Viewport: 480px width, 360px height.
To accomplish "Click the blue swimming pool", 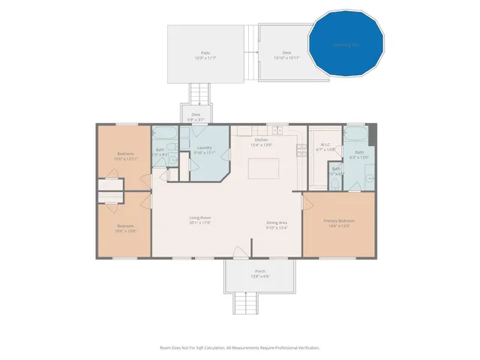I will point(346,43).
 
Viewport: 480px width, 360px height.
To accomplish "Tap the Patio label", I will point(202,55).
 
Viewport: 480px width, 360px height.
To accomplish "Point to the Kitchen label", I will point(261,142).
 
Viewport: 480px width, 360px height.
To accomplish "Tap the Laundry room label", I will point(203,150).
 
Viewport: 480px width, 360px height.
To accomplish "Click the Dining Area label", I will point(277,223).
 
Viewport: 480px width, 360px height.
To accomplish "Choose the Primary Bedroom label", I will point(338,223).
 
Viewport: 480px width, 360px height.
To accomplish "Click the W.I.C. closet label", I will point(325,146).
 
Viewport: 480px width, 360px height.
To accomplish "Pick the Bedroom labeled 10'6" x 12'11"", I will point(124,156).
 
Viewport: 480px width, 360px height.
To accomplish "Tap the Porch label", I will point(259,274).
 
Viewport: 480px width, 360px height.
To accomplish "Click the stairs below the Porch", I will point(244,303).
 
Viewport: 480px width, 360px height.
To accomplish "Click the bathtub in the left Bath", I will point(165,134).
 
